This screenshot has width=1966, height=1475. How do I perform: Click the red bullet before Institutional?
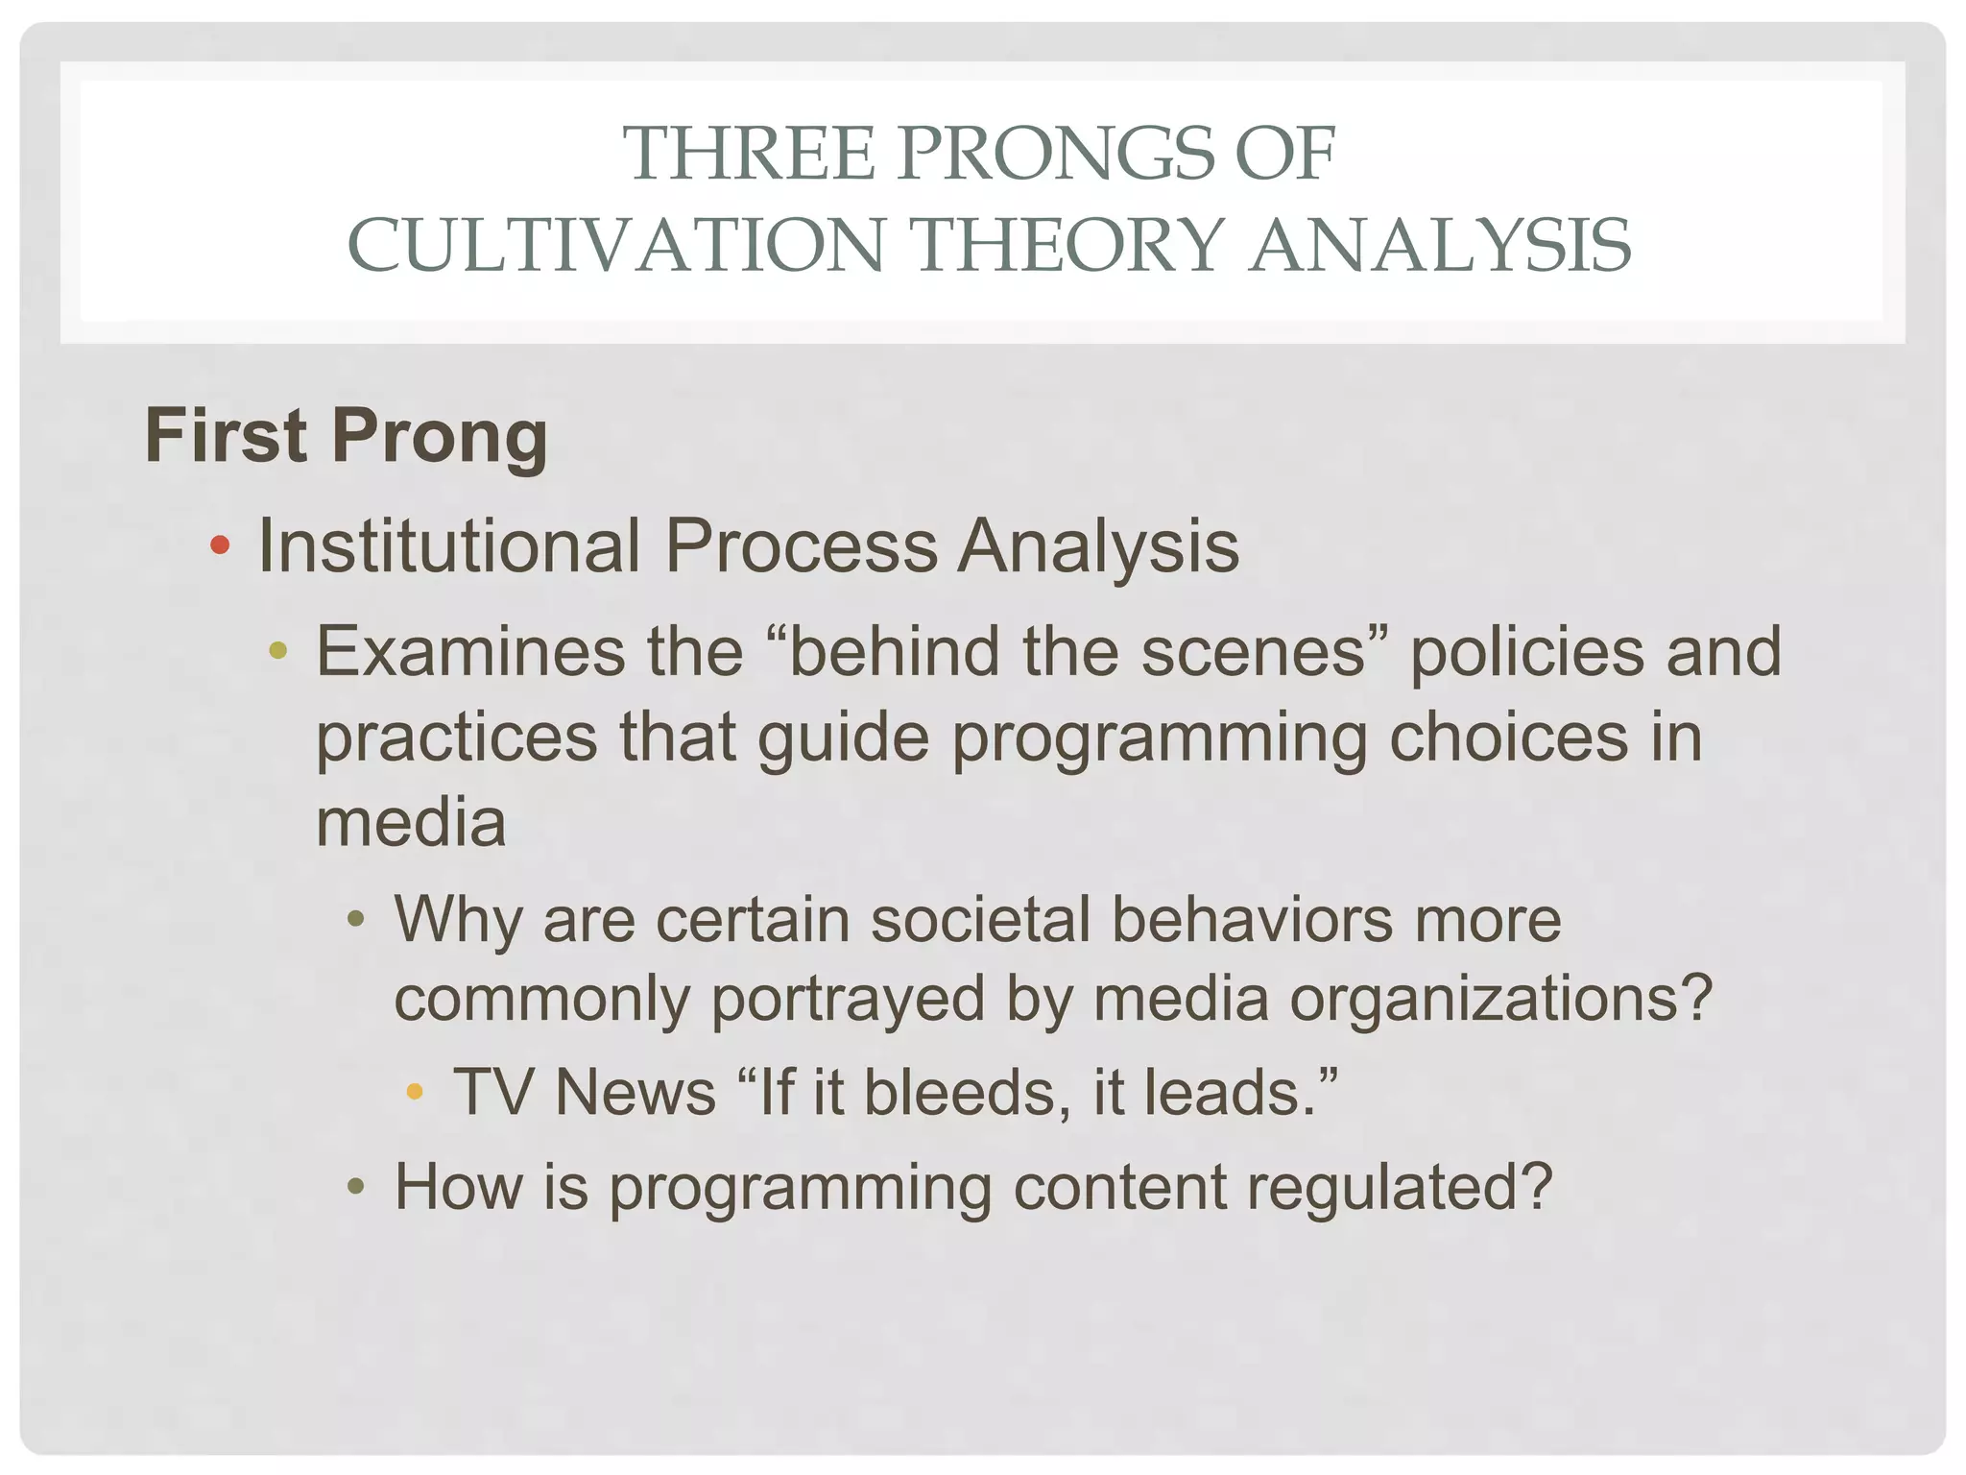click(220, 546)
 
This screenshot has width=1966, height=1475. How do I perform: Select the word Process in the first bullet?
click(801, 546)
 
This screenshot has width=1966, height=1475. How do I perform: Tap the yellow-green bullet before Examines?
click(278, 650)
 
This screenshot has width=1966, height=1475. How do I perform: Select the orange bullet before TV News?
click(415, 1091)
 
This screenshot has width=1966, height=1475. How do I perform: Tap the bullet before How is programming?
click(356, 1187)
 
